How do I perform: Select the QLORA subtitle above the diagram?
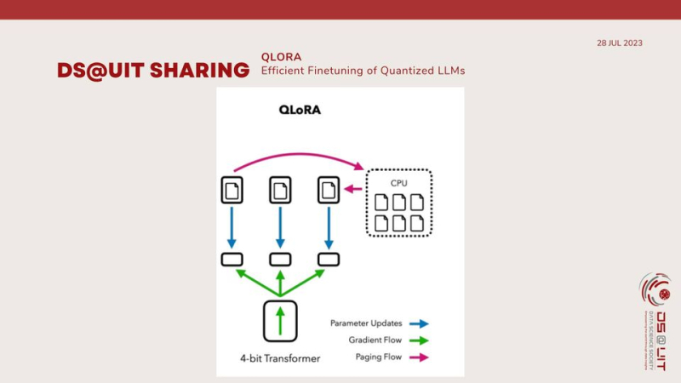click(281, 57)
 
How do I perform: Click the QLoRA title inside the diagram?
click(300, 110)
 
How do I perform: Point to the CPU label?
click(399, 182)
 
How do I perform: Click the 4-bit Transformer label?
click(280, 358)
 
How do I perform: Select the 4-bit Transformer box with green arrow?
click(280, 321)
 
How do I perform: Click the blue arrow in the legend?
click(419, 323)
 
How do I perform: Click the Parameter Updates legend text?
click(367, 323)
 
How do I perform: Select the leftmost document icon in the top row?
click(232, 189)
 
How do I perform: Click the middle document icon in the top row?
click(280, 189)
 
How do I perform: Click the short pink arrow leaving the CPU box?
click(352, 189)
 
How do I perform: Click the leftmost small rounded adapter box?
click(232, 259)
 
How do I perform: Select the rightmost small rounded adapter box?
click(329, 259)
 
